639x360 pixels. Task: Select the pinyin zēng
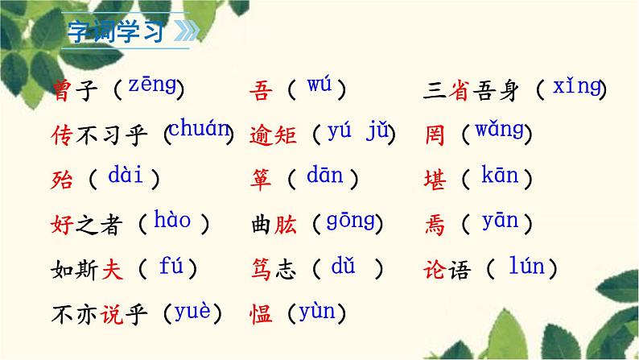click(152, 85)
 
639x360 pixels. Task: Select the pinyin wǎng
click(499, 129)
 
